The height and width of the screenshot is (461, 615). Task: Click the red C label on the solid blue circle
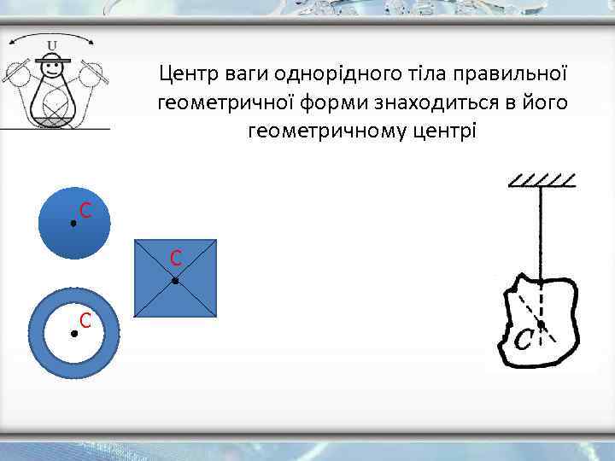pos(85,210)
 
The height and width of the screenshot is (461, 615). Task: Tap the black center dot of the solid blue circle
pos(73,223)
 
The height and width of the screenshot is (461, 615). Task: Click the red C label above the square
pos(175,257)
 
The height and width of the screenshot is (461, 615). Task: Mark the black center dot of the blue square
pos(174,280)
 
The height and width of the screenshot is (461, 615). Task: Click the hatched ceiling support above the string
pos(542,180)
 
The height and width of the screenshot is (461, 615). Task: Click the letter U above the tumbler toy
pos(53,45)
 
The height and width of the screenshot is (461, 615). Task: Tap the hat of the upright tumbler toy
pos(54,60)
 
